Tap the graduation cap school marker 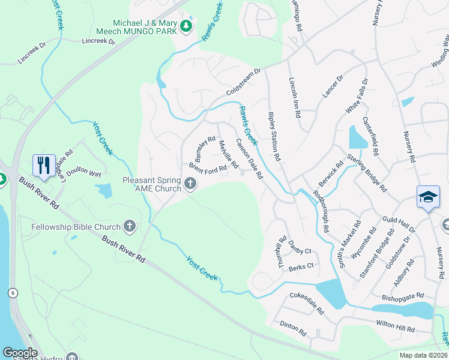coord(427,197)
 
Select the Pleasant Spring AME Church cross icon coord(191,184)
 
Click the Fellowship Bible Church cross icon coord(129,226)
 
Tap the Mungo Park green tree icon coord(186,26)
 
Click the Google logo coord(20,353)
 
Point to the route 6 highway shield coord(12,292)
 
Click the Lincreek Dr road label coord(98,41)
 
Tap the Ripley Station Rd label coord(274,136)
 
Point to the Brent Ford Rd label coord(207,169)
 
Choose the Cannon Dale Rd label coord(249,159)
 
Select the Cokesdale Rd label coord(307,304)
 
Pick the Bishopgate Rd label coord(403,296)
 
